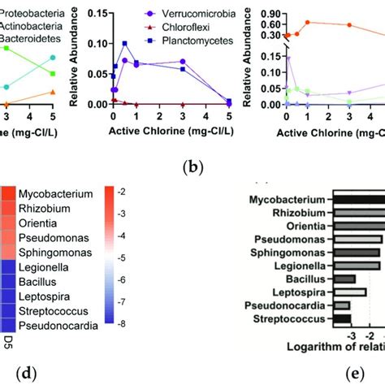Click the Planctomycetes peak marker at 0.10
tap(124, 43)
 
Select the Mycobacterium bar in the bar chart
tap(361, 199)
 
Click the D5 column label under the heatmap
tap(7, 335)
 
